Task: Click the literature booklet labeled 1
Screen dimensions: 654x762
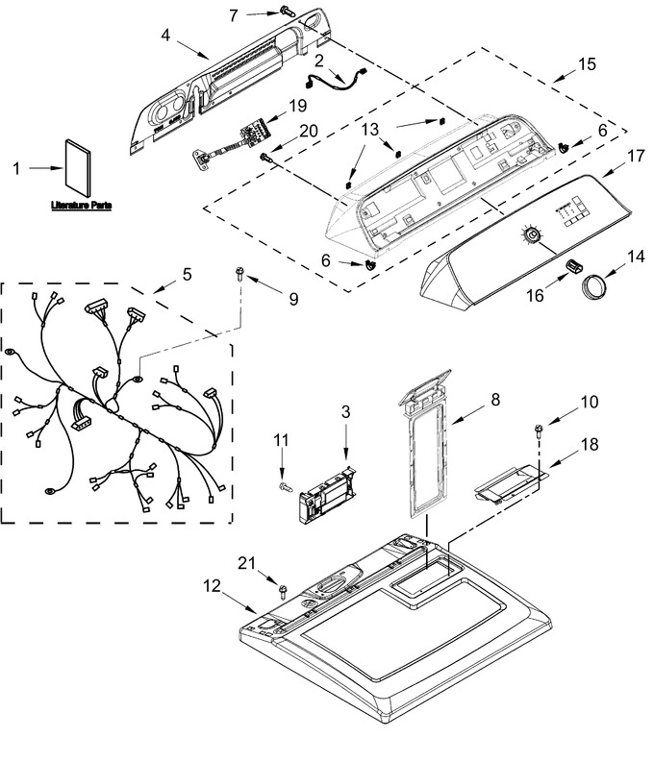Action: pos(78,168)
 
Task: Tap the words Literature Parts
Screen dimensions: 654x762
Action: pos(81,206)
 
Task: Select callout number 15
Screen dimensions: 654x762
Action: pos(587,63)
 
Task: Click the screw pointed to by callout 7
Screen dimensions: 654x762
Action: pos(288,11)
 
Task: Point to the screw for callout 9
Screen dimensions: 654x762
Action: pos(239,273)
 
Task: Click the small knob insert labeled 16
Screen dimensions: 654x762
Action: pos(574,266)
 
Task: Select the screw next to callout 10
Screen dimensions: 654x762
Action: pos(539,431)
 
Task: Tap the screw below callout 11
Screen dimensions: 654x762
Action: pos(286,486)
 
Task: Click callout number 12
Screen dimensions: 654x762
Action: pos(212,586)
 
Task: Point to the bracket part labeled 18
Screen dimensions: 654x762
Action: pos(510,483)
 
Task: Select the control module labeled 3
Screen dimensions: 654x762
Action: pos(328,495)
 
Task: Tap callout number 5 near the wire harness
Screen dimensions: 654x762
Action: pos(188,275)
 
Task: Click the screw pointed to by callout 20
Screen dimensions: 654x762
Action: pos(265,157)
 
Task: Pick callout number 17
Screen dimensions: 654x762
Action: pos(636,156)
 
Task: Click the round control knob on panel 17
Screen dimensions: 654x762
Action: pos(531,235)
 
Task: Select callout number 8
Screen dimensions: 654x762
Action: pos(495,400)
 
